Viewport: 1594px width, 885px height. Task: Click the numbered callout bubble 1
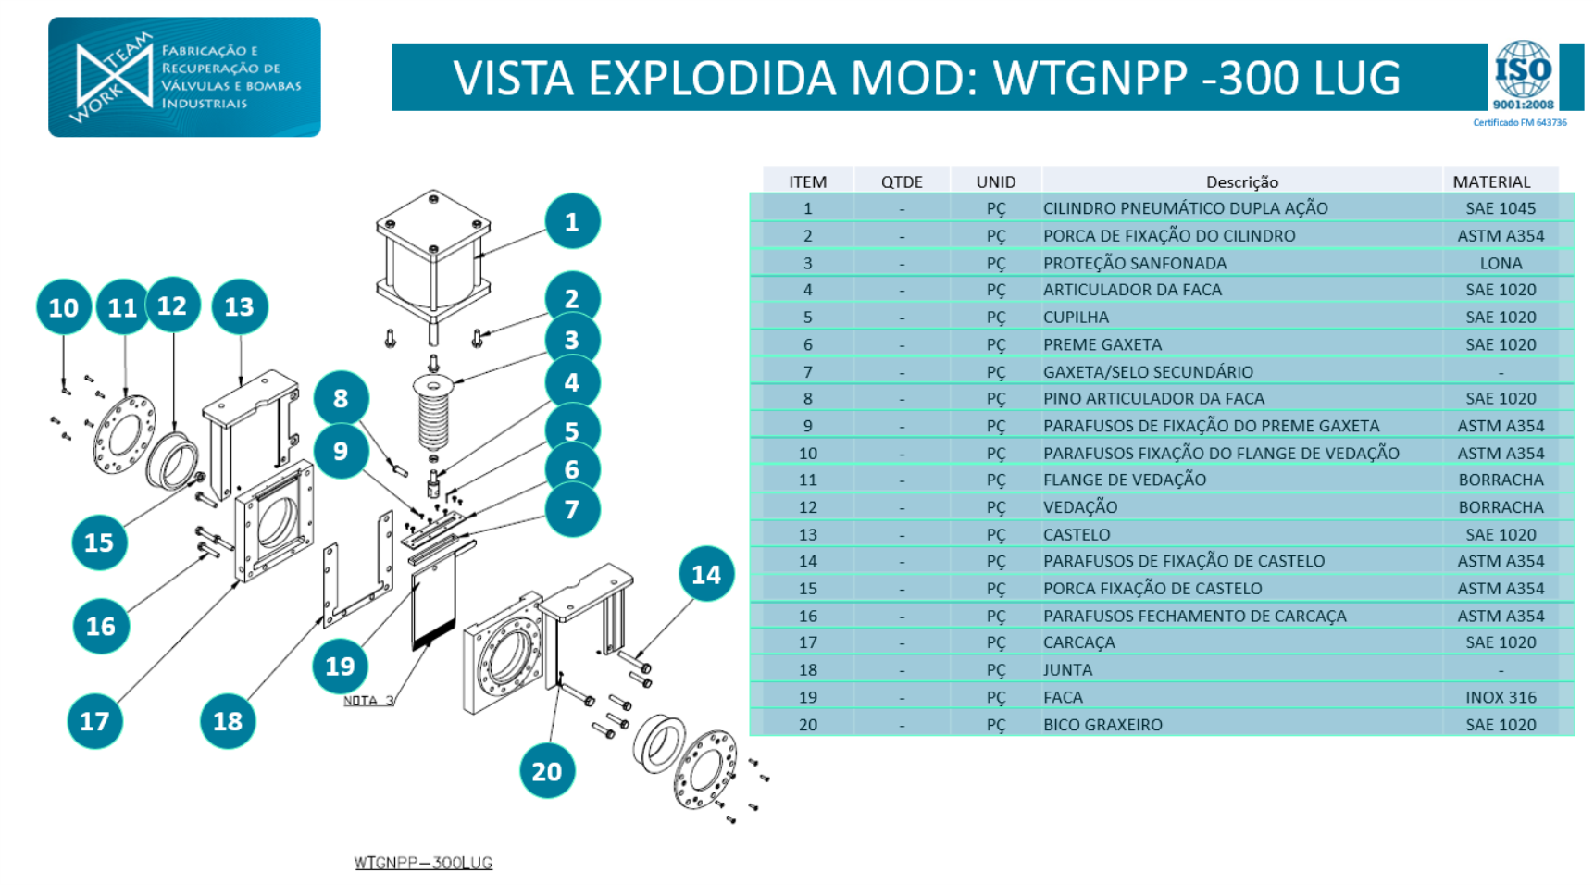pyautogui.click(x=572, y=222)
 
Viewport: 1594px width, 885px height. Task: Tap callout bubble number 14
pyautogui.click(x=705, y=575)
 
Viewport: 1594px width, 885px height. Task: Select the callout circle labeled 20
pyautogui.click(x=546, y=771)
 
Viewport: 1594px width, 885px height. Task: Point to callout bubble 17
pyautogui.click(x=94, y=721)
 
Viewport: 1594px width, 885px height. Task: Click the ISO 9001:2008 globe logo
pyautogui.click(x=1523, y=71)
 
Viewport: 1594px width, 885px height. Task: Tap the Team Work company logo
pyautogui.click(x=184, y=77)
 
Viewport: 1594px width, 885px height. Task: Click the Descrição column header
pyautogui.click(x=1241, y=182)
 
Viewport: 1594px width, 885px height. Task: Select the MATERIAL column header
pyautogui.click(x=1491, y=182)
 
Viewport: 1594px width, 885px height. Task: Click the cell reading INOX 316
pyautogui.click(x=1500, y=697)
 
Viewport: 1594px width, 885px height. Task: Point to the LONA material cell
pyautogui.click(x=1500, y=264)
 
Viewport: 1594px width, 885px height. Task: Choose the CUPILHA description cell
pyautogui.click(x=1076, y=318)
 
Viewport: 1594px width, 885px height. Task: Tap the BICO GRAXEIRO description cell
pyautogui.click(x=1102, y=725)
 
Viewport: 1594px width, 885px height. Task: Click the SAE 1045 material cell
pyautogui.click(x=1500, y=209)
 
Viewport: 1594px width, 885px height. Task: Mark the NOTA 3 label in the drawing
pyautogui.click(x=368, y=701)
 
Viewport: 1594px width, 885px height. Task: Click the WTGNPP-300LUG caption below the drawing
pyautogui.click(x=423, y=863)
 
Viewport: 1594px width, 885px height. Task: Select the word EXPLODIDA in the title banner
pyautogui.click(x=712, y=78)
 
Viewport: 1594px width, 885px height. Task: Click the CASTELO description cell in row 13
pyautogui.click(x=1077, y=535)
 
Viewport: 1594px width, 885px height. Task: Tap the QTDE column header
pyautogui.click(x=902, y=182)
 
